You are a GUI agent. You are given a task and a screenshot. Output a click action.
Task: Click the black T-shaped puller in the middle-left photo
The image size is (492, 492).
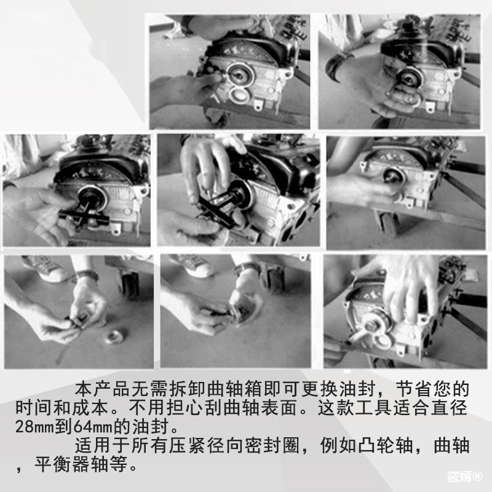click(86, 212)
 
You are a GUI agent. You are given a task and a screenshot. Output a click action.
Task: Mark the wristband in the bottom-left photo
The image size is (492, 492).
click(86, 276)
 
